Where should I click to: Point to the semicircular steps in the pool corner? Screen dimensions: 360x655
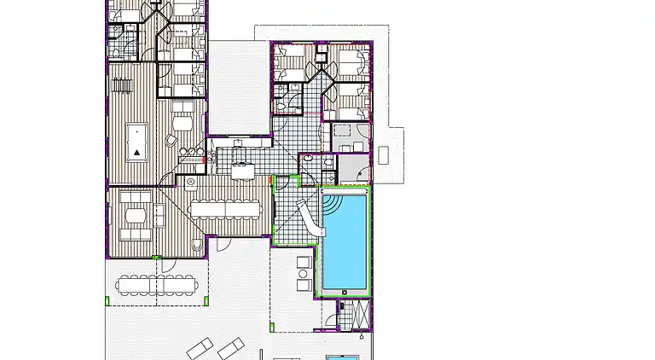pos(332,205)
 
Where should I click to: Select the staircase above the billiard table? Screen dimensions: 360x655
pos(122,85)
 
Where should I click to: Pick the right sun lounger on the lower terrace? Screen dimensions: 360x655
pos(230,347)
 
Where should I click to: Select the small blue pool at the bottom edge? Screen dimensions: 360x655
pos(347,356)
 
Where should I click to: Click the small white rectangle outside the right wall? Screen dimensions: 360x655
pos(384,154)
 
